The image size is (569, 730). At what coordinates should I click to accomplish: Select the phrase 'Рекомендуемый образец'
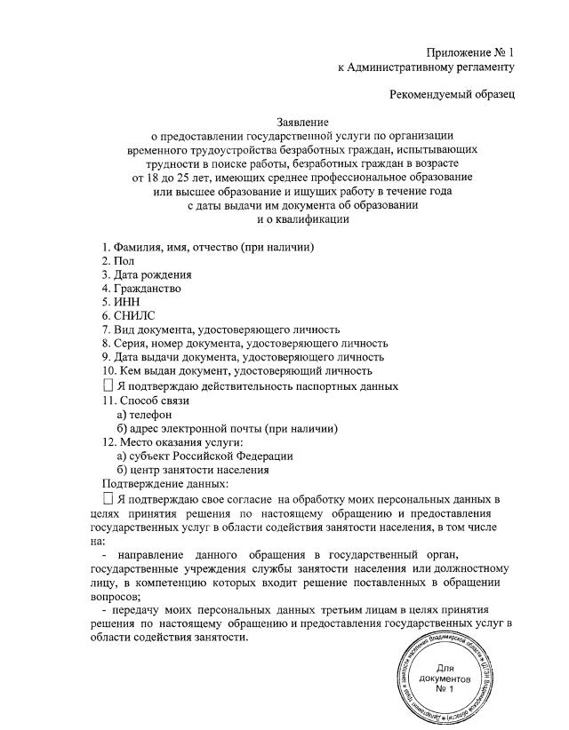coord(453,93)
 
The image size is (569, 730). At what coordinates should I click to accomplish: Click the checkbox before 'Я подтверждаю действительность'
coord(108,386)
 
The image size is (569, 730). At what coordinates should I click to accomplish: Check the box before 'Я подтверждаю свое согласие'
coord(108,500)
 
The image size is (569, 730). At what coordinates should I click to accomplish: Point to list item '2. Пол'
coord(118,260)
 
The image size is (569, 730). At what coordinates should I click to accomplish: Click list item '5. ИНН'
coord(122,302)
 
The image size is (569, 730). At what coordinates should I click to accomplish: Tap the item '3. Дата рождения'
coord(147,274)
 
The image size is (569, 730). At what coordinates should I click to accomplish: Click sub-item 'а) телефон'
coord(145,415)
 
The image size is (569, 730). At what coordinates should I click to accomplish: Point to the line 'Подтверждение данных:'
coord(165,484)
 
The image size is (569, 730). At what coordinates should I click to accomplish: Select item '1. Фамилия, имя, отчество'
coord(209,246)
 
